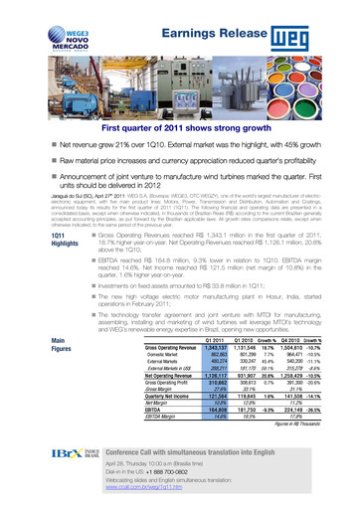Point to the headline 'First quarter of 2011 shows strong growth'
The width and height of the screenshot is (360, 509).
click(x=179, y=128)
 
